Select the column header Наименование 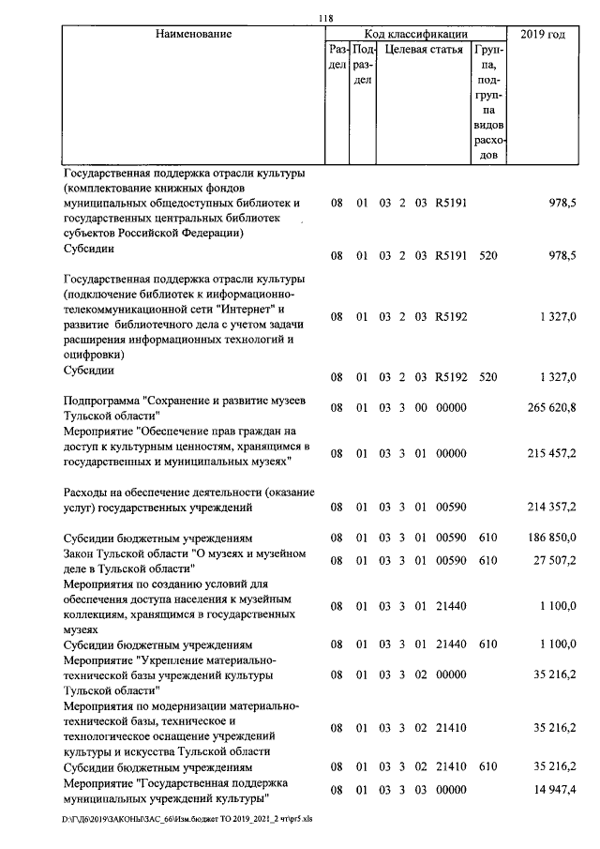click(193, 34)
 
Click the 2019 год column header click(547, 34)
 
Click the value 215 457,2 click(550, 453)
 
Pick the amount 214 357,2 click(550, 508)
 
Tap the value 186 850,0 click(550, 538)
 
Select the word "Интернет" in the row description click(243, 309)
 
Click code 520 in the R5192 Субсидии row click(487, 377)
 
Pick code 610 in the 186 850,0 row click(487, 538)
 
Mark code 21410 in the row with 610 click(451, 766)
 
